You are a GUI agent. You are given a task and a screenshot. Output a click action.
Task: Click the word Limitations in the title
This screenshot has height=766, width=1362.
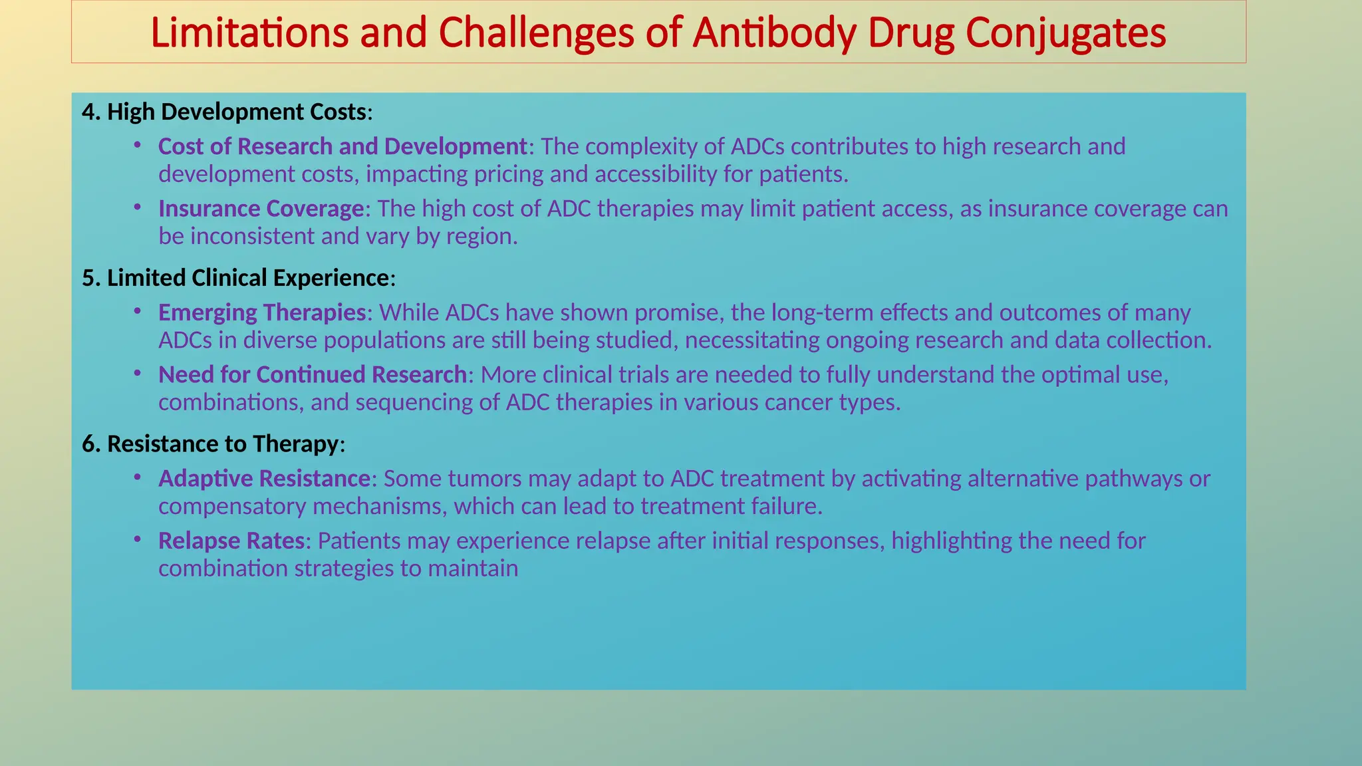(249, 33)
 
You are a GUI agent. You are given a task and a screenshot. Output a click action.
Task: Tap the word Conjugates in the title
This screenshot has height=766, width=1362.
(1065, 33)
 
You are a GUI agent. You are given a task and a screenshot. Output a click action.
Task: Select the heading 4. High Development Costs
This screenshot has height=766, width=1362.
(227, 112)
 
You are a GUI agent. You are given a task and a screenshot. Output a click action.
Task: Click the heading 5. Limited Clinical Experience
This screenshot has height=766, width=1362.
(238, 278)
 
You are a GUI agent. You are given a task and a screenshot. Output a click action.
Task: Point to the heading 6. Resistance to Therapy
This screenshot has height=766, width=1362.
(213, 444)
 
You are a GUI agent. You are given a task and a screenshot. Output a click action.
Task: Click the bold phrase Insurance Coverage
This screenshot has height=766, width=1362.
(261, 209)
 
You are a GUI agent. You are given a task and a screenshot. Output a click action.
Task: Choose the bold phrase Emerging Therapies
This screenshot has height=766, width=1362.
(262, 313)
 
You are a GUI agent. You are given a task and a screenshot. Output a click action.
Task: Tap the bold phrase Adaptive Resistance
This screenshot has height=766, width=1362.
(264, 479)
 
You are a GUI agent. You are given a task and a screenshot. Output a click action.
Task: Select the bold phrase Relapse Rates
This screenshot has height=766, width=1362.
(231, 541)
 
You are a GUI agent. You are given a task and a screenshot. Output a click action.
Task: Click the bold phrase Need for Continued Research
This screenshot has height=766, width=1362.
(313, 375)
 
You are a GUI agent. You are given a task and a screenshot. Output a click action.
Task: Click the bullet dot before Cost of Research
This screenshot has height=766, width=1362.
(137, 144)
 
